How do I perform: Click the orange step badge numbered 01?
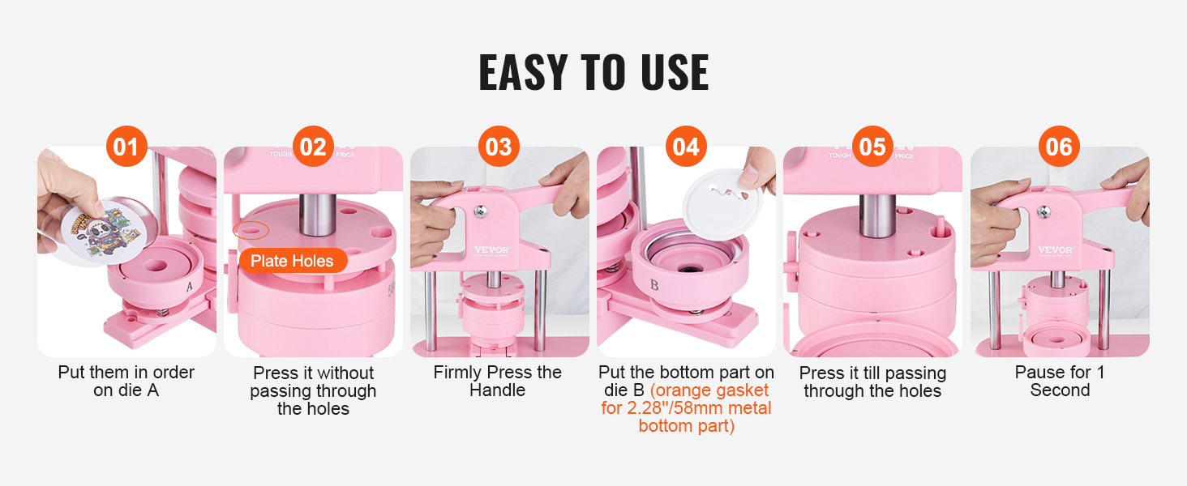(x=126, y=146)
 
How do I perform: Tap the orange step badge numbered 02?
(x=313, y=146)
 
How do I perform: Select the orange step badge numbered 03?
(x=499, y=146)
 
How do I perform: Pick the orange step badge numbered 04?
(x=686, y=146)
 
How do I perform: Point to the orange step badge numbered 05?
(x=872, y=146)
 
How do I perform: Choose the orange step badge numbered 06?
(x=1059, y=146)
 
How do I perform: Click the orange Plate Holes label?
(x=293, y=261)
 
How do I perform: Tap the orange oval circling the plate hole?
(x=251, y=230)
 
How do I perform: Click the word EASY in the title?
(x=524, y=73)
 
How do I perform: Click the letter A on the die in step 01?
(x=189, y=287)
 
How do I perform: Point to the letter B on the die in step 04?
(x=654, y=285)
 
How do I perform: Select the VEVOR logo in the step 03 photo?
(x=492, y=249)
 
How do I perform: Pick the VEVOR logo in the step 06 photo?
(x=1056, y=249)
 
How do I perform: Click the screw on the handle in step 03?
(x=481, y=211)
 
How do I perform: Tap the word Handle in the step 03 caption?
(x=497, y=390)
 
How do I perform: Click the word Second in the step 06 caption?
(x=1060, y=390)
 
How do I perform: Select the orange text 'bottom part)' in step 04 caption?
(x=686, y=426)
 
